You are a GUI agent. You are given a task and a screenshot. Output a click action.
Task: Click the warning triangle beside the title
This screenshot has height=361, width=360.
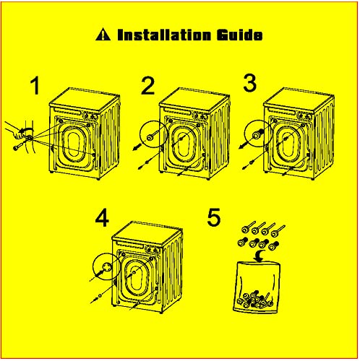click(x=103, y=35)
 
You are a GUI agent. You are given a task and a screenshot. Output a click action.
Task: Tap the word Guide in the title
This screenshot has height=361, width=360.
click(x=239, y=35)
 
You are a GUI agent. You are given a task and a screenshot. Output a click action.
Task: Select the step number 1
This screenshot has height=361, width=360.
click(x=35, y=86)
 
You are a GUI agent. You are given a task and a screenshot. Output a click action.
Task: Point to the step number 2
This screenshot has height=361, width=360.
click(x=147, y=86)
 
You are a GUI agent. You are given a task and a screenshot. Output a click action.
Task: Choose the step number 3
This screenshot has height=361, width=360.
click(x=250, y=83)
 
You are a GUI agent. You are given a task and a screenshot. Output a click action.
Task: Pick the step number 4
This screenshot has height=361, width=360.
click(x=102, y=218)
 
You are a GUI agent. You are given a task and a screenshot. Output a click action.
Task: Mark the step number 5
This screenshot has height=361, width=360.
click(x=214, y=217)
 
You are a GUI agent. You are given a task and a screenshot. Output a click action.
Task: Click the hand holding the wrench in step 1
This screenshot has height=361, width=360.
click(x=16, y=131)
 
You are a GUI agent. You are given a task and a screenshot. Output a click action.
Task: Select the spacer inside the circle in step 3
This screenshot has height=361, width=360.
click(x=258, y=134)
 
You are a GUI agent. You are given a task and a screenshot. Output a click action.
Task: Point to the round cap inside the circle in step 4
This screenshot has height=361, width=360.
click(x=106, y=266)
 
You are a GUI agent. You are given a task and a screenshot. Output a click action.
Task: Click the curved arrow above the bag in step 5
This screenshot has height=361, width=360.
click(x=260, y=256)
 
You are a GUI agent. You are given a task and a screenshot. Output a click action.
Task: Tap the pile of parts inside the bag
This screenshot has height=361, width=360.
click(x=255, y=300)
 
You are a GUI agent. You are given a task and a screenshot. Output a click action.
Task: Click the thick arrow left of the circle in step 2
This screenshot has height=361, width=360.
click(x=137, y=147)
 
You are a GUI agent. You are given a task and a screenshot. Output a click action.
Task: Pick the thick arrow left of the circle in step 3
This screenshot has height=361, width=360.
click(x=244, y=145)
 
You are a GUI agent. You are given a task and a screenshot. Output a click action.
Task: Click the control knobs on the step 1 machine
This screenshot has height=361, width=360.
click(x=90, y=116)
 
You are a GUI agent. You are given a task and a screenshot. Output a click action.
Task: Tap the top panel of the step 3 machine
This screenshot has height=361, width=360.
click(x=299, y=100)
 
